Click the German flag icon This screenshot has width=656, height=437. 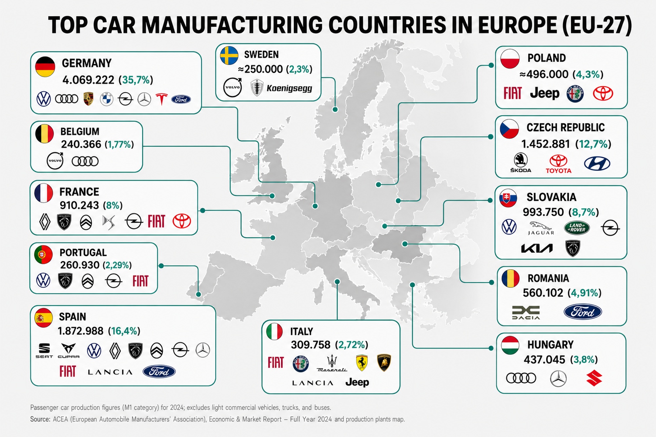click(x=45, y=67)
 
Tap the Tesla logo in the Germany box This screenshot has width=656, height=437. click(x=161, y=99)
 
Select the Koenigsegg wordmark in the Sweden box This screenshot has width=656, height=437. click(x=289, y=88)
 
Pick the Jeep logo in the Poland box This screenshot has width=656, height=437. click(x=545, y=93)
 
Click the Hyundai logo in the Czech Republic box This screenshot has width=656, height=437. click(x=597, y=163)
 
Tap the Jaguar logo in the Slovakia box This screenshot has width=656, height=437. click(x=541, y=228)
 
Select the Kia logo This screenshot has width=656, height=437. click(x=537, y=248)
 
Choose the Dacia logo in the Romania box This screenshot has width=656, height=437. click(x=526, y=312)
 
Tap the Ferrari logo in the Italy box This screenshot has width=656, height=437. click(x=361, y=363)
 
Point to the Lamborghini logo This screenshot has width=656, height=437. click(x=384, y=363)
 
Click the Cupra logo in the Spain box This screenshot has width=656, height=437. click(x=69, y=350)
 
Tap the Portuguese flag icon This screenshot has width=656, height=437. click(x=43, y=254)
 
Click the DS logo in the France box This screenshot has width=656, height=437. click(x=109, y=222)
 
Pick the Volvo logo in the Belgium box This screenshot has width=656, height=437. click(x=55, y=161)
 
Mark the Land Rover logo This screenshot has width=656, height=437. click(x=577, y=228)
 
